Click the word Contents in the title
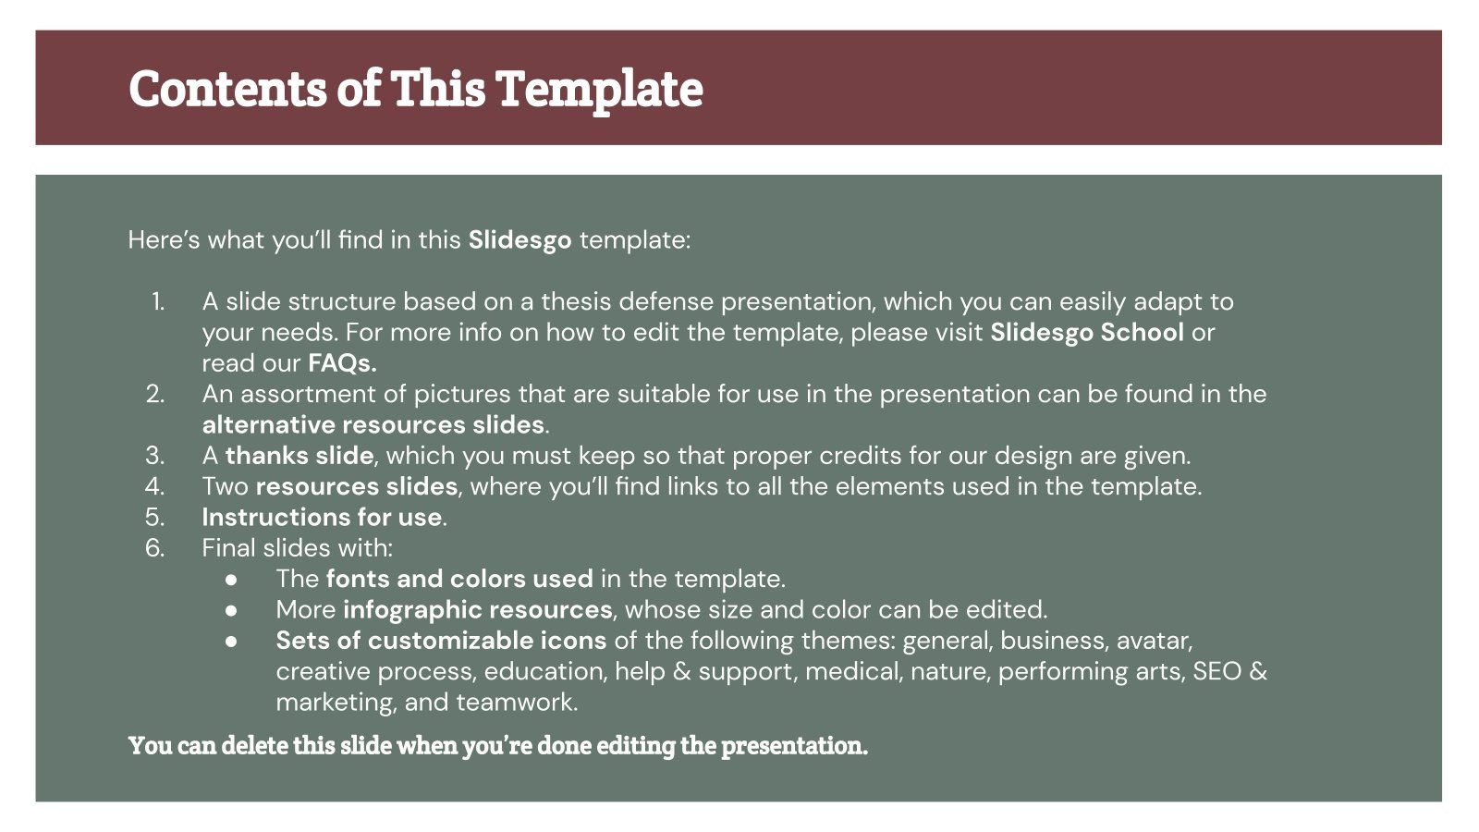coord(227,89)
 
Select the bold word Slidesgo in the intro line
coord(519,240)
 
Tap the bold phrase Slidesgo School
coord(1086,333)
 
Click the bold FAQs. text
coord(342,363)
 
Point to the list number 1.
coord(158,302)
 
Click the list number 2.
coord(155,395)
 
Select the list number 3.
coord(155,456)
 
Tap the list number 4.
coord(155,486)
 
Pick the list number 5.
coord(155,518)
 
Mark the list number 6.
coord(155,548)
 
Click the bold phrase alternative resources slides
coord(373,425)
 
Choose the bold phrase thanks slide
coord(299,456)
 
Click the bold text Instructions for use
coord(322,518)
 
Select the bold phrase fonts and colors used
coord(459,580)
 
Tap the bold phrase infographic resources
coord(477,610)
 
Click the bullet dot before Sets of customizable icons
coord(231,641)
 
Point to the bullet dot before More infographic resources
coord(231,610)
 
